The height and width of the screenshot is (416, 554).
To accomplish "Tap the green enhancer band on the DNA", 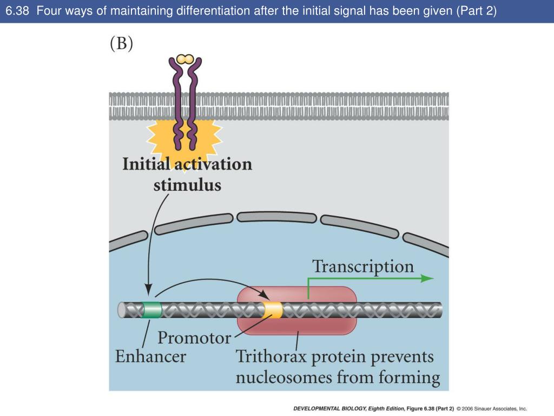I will [x=152, y=310].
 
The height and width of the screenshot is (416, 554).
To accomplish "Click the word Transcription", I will [x=363, y=266].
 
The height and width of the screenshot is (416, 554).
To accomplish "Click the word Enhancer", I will [x=150, y=356].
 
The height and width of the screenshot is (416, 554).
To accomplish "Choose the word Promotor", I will [x=194, y=338].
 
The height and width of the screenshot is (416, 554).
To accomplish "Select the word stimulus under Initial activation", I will [x=187, y=185].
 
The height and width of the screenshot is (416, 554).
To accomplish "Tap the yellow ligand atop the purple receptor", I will [x=185, y=58].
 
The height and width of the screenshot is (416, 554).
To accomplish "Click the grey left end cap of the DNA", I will [x=122, y=310].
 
